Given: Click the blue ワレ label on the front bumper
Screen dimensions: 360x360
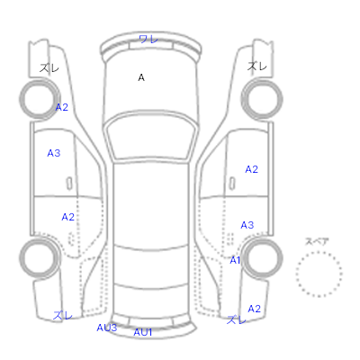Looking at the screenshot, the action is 148,39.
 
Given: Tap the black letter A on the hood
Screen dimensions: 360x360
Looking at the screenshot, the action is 141,77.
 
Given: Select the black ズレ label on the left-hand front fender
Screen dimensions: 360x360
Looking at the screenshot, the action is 49,67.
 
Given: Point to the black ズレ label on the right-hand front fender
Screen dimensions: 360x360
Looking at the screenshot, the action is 257,66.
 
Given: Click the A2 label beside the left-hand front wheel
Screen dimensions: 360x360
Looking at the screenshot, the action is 62,107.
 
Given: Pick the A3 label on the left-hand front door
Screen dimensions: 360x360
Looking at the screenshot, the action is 54,153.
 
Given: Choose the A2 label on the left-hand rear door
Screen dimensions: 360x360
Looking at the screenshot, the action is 67,217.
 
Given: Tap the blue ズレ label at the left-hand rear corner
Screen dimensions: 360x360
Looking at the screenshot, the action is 63,315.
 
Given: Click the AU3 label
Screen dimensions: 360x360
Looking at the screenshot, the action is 107,328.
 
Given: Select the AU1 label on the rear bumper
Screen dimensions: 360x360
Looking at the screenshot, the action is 143,332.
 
